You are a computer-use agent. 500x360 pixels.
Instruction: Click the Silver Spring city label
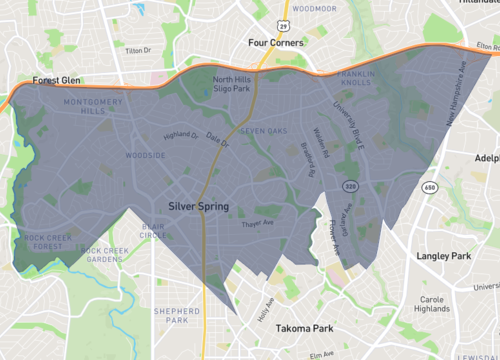[198, 206]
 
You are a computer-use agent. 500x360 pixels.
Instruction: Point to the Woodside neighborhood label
[145, 156]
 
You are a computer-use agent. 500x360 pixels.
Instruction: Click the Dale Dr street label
[217, 140]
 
